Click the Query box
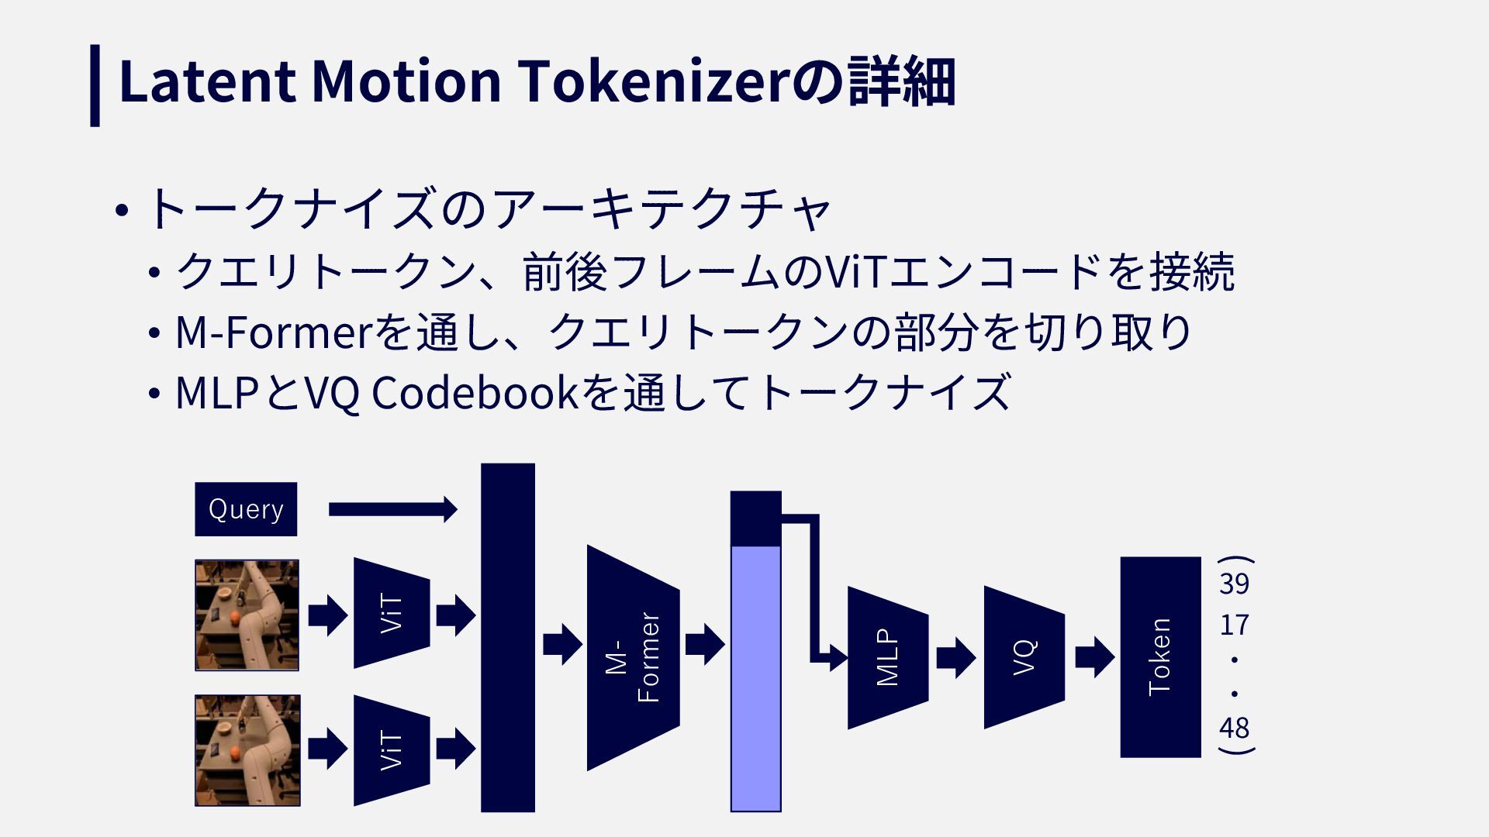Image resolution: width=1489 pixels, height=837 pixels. point(246,509)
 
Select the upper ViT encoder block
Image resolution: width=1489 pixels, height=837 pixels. point(392,613)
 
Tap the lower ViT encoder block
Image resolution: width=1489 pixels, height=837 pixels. point(392,750)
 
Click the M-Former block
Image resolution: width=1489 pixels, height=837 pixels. point(634,658)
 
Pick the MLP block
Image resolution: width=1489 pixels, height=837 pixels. point(887,657)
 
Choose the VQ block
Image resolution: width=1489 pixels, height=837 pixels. point(1024,657)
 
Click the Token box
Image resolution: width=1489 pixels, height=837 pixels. point(1160,656)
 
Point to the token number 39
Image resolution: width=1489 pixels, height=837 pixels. point(1234,584)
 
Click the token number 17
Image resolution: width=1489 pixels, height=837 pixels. point(1234,625)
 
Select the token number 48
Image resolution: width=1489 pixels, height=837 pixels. point(1234,728)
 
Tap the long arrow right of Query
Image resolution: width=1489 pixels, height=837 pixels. point(392,509)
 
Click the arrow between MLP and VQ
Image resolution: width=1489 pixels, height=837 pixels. point(955,658)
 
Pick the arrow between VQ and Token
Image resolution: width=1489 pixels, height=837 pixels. point(1094,657)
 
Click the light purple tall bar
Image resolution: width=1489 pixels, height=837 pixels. point(756,678)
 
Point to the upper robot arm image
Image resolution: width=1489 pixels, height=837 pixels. point(247,615)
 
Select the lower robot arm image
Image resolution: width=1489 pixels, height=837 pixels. point(247,750)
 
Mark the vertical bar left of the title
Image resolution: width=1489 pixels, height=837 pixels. point(95,85)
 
